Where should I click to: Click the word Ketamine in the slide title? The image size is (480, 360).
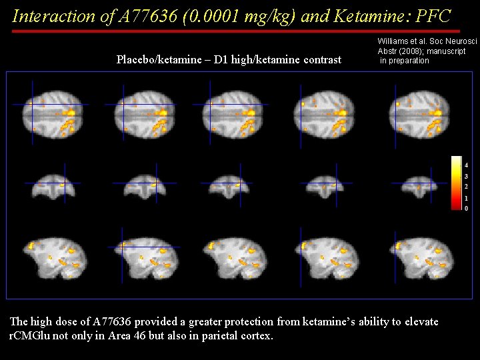(x=338, y=16)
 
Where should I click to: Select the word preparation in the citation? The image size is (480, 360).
(x=409, y=61)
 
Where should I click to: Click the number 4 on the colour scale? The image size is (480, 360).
(x=466, y=165)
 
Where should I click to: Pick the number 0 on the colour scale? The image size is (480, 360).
(x=466, y=209)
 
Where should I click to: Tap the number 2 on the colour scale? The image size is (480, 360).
(x=466, y=187)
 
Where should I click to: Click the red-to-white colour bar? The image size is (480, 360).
(x=456, y=183)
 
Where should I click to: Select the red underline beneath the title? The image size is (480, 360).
(x=236, y=31)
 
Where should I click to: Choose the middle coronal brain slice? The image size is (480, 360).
(x=230, y=184)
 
